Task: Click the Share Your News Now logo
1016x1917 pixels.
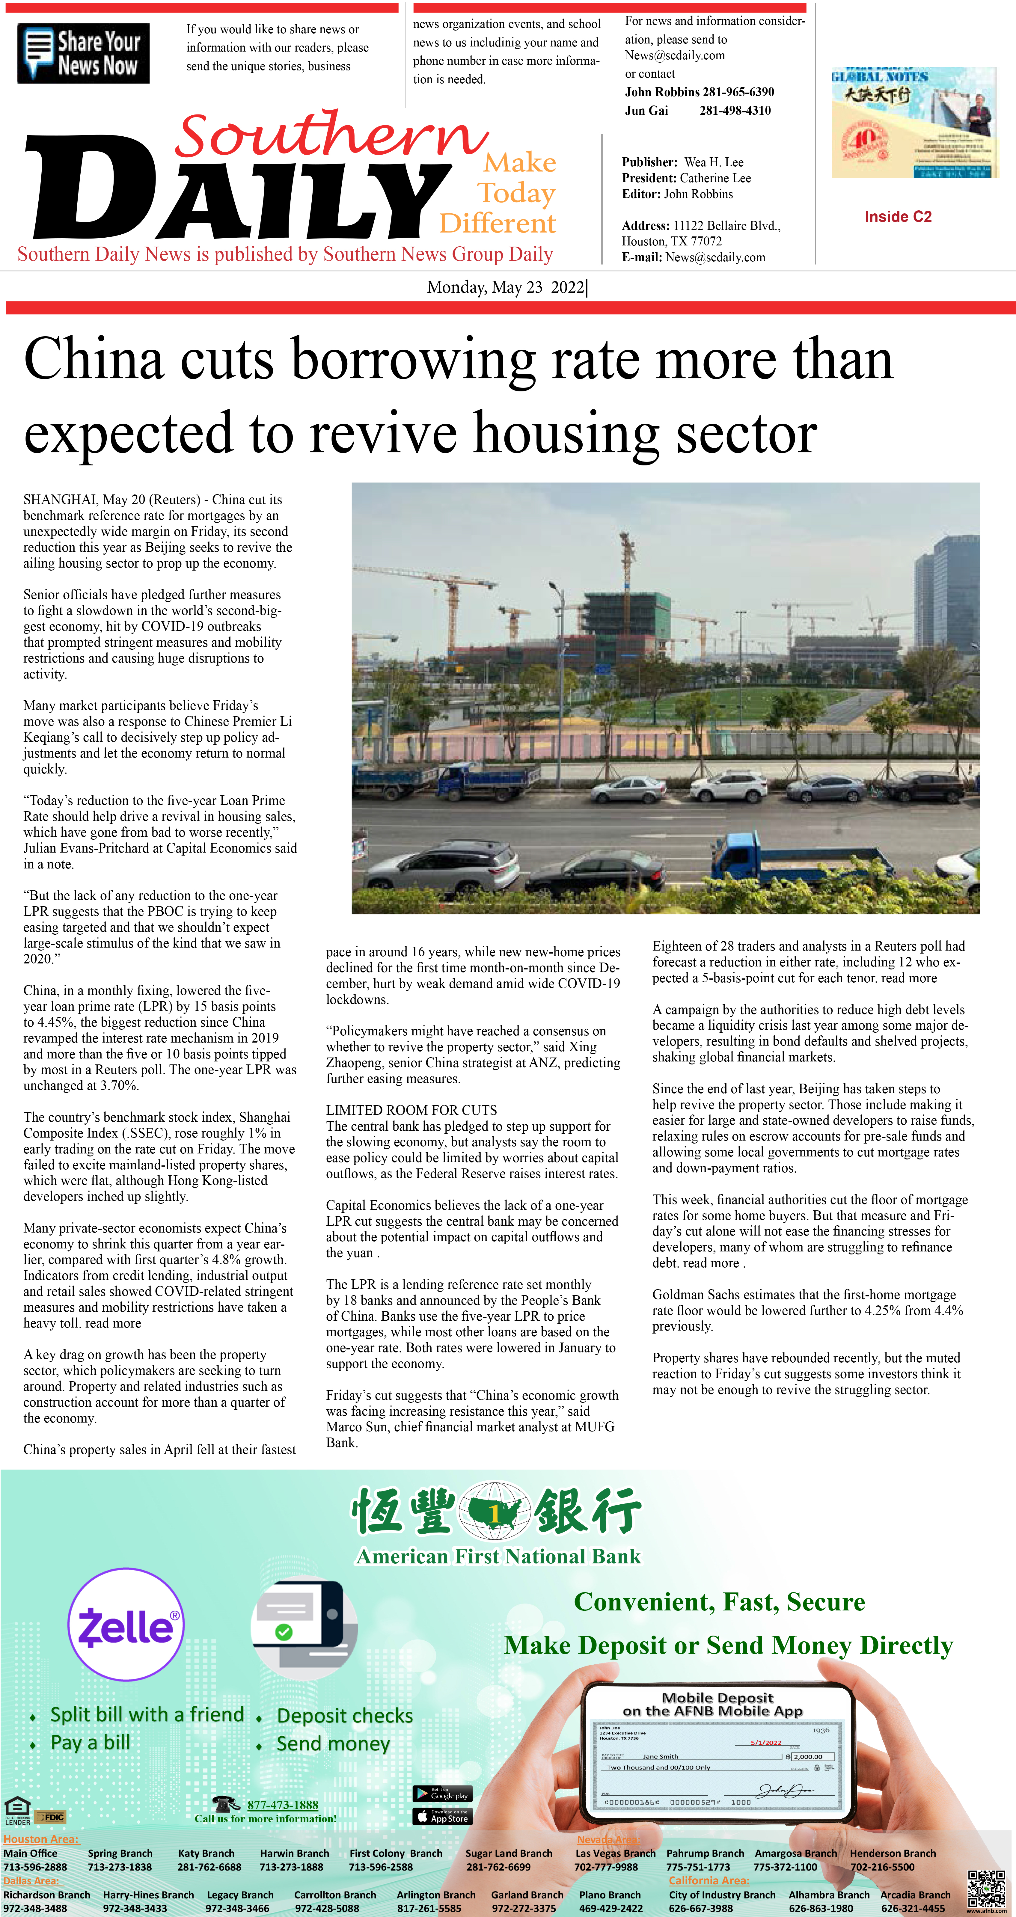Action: tap(83, 53)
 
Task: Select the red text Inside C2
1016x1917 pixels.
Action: tap(898, 217)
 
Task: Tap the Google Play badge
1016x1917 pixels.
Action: tap(442, 1794)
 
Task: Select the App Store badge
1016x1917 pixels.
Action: tap(442, 1817)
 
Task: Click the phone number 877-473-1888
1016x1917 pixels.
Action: tap(283, 1805)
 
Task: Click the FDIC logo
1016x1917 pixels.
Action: tap(51, 1817)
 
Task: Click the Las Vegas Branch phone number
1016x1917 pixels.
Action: tap(606, 1866)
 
